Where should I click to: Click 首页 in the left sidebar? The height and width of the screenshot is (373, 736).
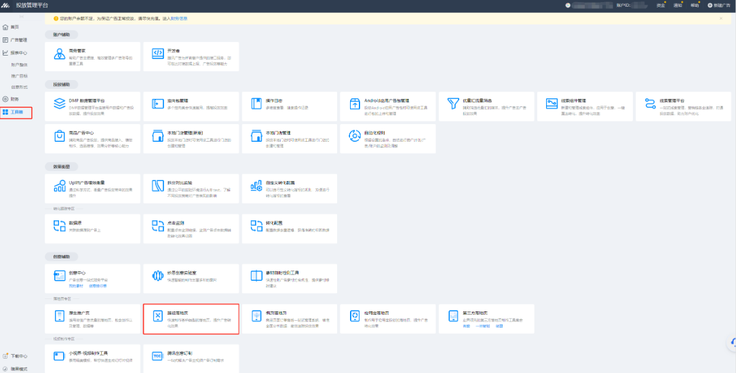click(x=14, y=27)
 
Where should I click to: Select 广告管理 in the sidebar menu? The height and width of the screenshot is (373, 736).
click(x=18, y=40)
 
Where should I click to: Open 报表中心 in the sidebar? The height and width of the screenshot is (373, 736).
click(x=18, y=52)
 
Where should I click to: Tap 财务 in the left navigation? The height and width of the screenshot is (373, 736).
click(x=14, y=99)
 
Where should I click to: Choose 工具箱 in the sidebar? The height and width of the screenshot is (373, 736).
click(x=16, y=111)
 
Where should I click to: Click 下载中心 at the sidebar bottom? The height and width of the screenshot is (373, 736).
click(x=18, y=355)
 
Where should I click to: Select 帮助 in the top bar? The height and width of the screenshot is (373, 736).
click(x=695, y=5)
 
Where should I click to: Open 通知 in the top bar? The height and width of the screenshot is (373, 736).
click(x=678, y=5)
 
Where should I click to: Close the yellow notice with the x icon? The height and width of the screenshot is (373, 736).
click(x=720, y=18)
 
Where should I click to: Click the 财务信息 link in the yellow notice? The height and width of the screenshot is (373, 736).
click(x=179, y=18)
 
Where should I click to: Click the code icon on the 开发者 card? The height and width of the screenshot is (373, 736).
click(x=157, y=53)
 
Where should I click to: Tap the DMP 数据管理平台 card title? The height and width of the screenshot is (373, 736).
click(x=87, y=100)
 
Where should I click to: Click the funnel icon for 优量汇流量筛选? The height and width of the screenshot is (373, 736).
click(x=454, y=103)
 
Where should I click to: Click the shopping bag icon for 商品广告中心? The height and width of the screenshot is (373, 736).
click(x=58, y=136)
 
